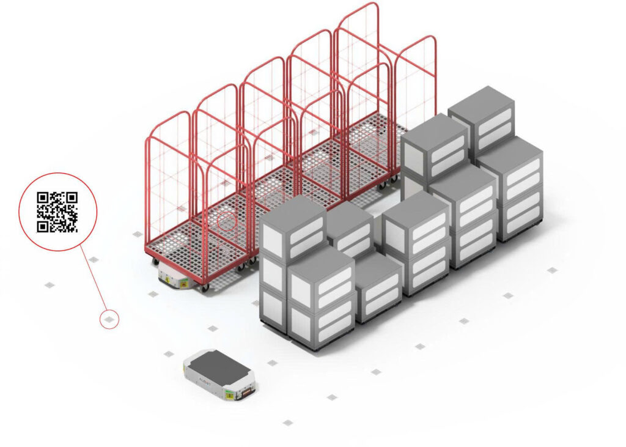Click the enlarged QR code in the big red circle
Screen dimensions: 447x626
pyautogui.click(x=57, y=212)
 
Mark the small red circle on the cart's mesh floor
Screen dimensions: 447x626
pyautogui.click(x=227, y=221)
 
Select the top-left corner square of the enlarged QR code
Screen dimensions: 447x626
pyautogui.click(x=43, y=198)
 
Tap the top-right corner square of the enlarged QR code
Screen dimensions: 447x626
pyautogui.click(x=72, y=198)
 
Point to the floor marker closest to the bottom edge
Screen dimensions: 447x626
pyautogui.click(x=288, y=422)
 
